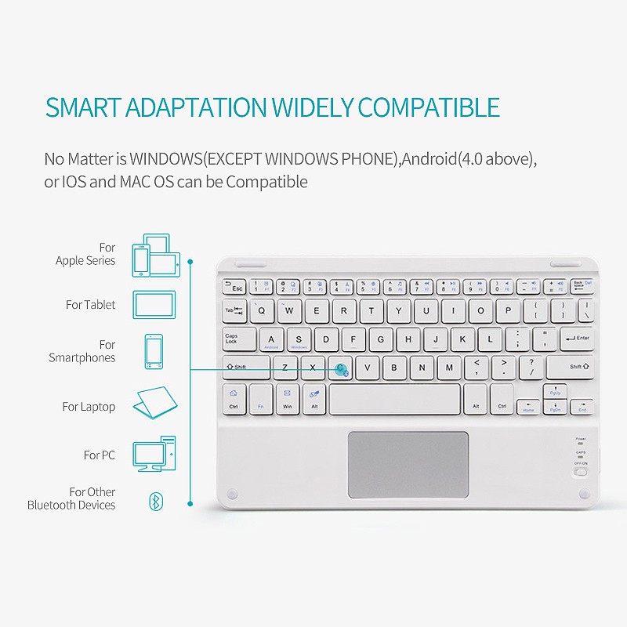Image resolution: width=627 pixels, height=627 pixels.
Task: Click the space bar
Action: (x=394, y=399)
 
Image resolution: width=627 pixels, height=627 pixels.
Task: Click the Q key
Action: (x=263, y=310)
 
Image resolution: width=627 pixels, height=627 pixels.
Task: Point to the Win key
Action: (x=288, y=399)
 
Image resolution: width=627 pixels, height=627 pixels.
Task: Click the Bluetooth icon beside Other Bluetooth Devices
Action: (x=157, y=501)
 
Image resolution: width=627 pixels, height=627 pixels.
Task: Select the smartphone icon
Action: (x=154, y=351)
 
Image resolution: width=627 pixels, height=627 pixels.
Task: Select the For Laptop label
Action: (x=89, y=407)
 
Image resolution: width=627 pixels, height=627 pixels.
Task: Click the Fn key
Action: (x=261, y=399)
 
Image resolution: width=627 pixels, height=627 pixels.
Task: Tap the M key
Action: (x=449, y=368)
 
